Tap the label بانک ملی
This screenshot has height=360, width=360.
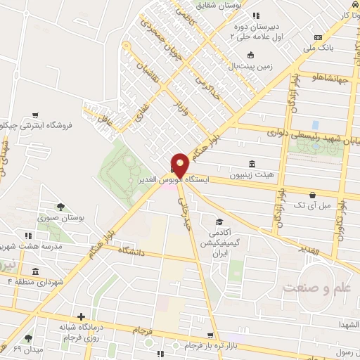[318, 49]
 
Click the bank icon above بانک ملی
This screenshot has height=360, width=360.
[318, 37]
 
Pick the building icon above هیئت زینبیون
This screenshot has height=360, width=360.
[252, 163]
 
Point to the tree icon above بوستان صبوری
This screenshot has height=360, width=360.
[60, 207]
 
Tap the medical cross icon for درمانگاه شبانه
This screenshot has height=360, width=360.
[82, 317]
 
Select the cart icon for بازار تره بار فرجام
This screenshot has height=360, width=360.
[210, 335]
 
